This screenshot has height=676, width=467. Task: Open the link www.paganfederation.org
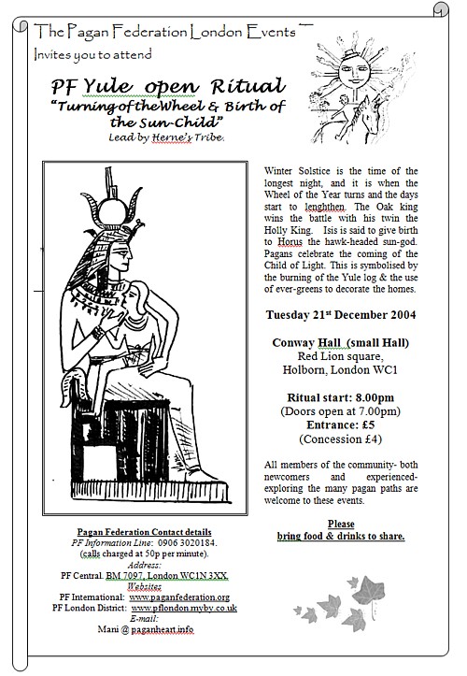[179, 595]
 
